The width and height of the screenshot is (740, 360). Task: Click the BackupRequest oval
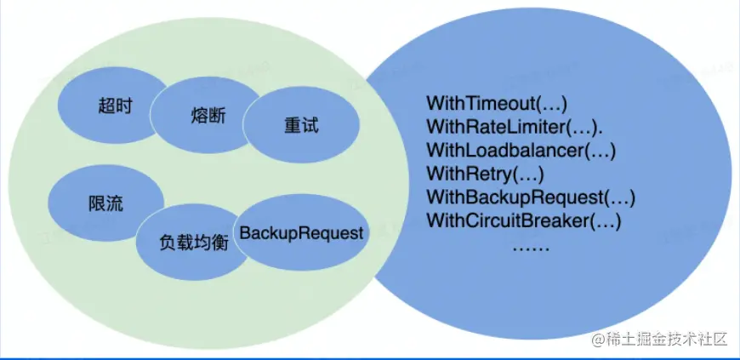(301, 232)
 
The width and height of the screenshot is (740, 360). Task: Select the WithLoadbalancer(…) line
(521, 151)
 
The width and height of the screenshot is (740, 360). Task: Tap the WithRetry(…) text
(484, 174)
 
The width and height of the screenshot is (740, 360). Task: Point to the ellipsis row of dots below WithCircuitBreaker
(532, 247)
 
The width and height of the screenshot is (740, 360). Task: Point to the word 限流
(105, 204)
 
